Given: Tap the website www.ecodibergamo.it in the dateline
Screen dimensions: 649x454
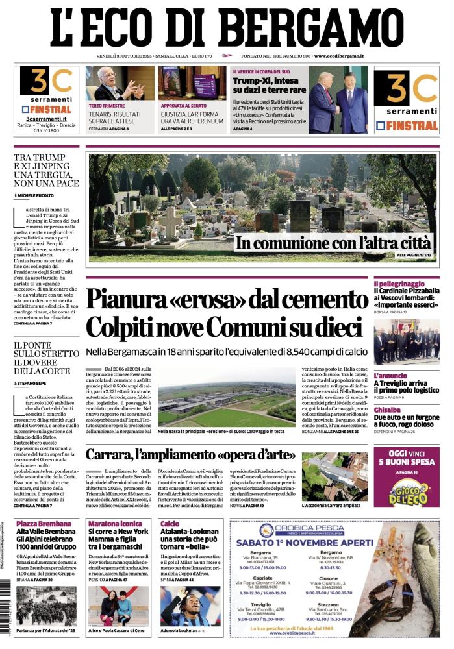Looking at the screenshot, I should click(x=338, y=57).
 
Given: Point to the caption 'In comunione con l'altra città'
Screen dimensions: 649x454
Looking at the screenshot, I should click(x=333, y=243).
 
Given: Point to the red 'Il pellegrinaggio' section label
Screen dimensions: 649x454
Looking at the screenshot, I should click(x=399, y=284).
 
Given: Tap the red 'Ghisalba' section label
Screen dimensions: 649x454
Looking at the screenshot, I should click(x=387, y=410).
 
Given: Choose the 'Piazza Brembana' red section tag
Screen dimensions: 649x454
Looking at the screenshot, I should click(x=39, y=523).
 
